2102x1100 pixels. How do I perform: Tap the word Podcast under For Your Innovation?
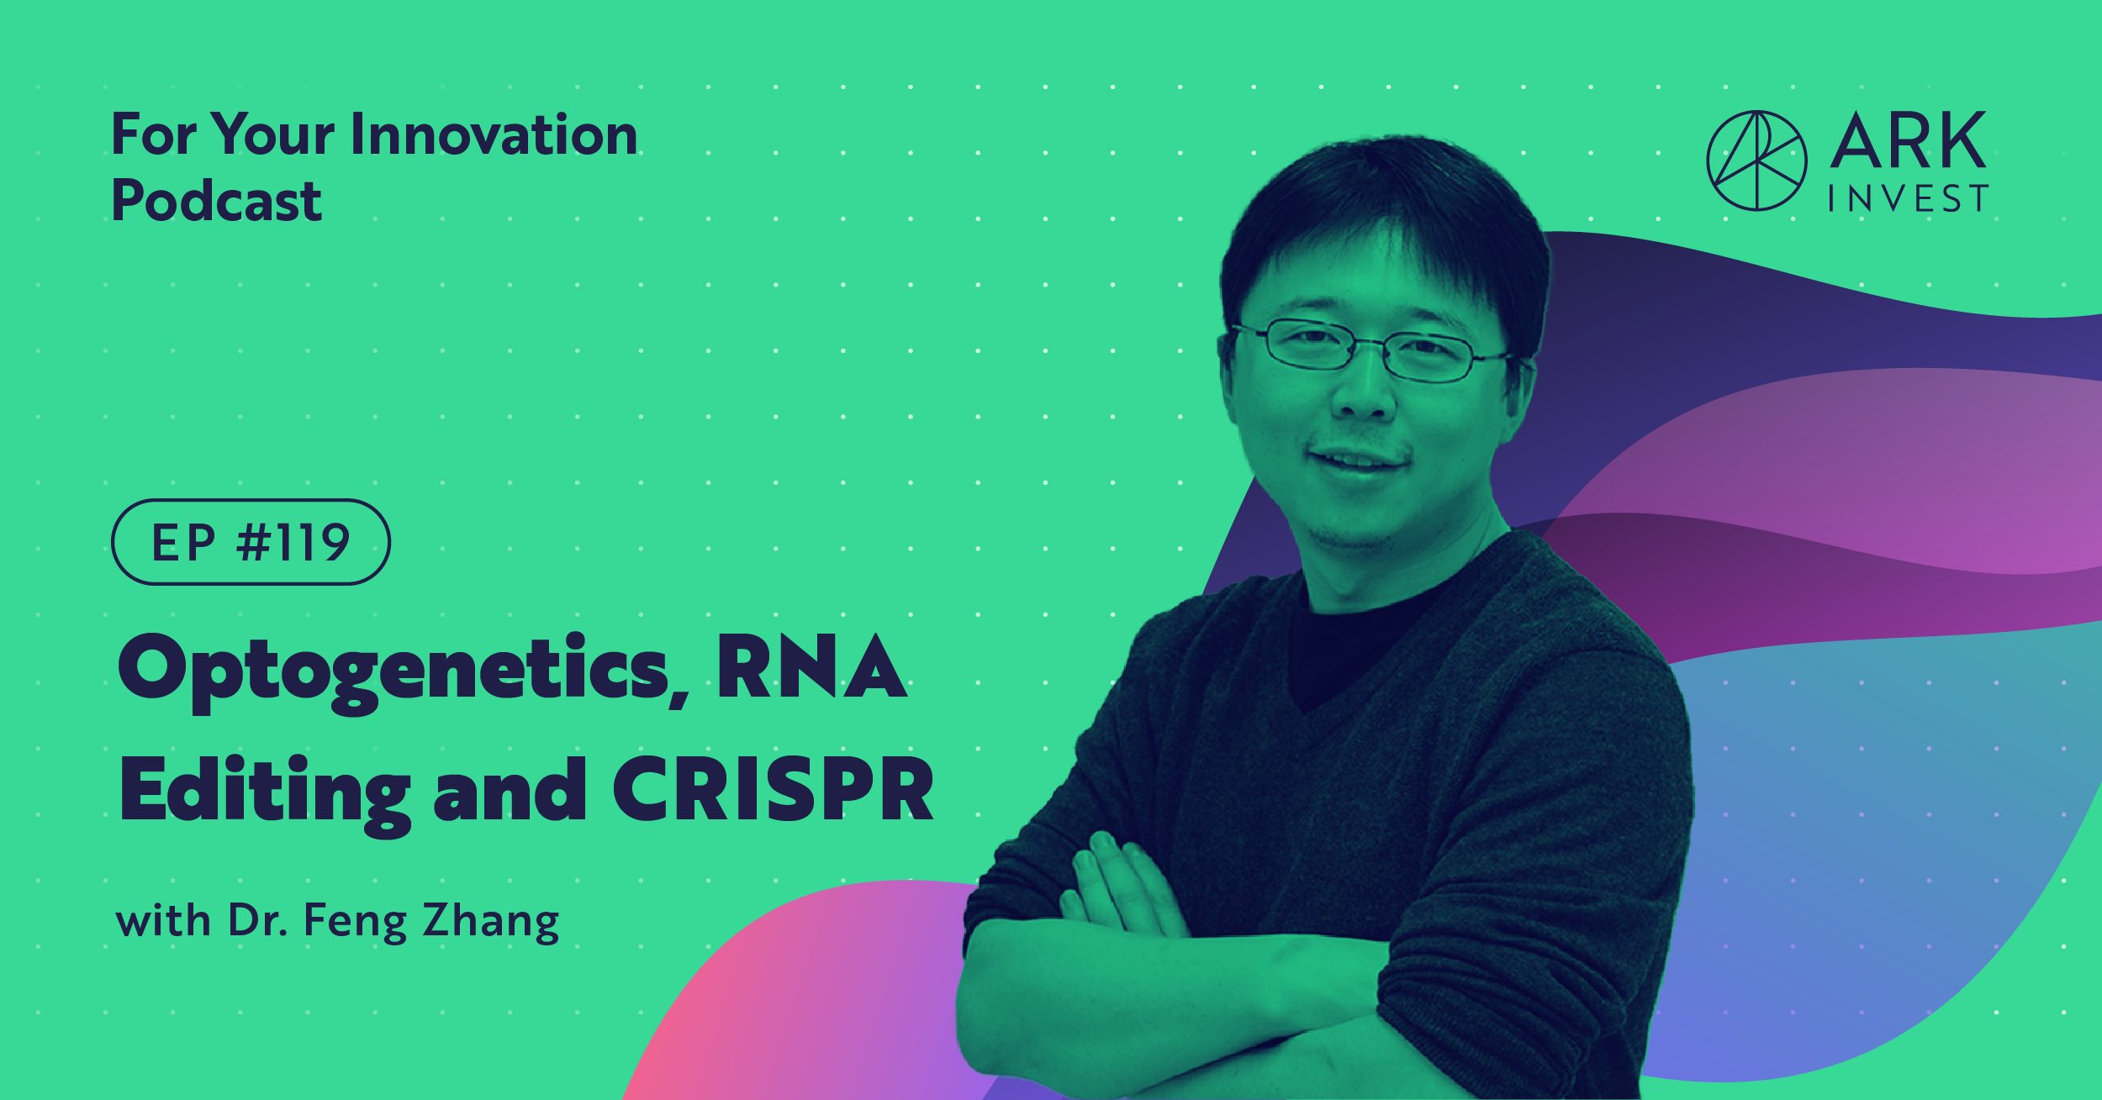tap(216, 202)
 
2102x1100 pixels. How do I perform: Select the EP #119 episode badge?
tap(251, 542)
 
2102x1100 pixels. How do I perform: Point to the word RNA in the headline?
tap(811, 668)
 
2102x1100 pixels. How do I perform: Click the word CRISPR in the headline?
tap(773, 790)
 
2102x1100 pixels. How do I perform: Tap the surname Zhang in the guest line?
tap(490, 922)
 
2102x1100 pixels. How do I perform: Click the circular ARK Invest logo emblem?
tap(1756, 161)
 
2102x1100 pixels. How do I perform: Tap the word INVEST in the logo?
tap(1908, 199)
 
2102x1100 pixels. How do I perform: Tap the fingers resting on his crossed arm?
tap(1118, 891)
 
